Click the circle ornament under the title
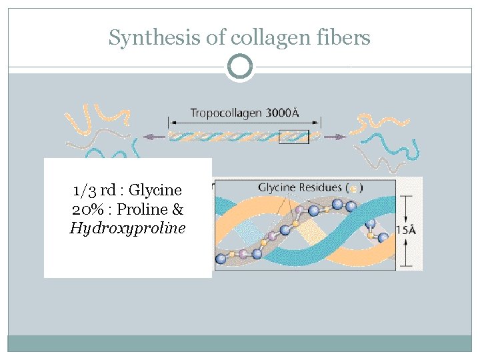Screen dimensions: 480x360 (240, 67)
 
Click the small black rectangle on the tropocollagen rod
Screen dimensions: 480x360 (294, 137)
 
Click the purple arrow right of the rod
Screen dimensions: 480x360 (336, 137)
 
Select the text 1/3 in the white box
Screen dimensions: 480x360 (84, 191)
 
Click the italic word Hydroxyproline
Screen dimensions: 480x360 (127, 228)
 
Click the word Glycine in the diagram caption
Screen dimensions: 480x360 (278, 187)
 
